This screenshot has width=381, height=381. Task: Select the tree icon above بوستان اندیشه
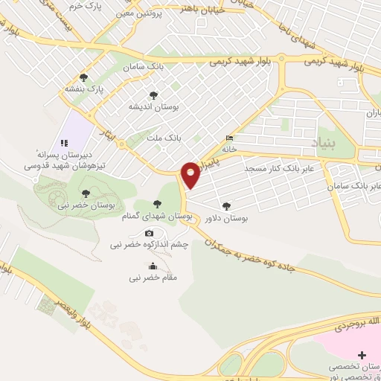pos(153,95)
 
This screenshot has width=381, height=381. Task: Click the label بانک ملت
pos(164,138)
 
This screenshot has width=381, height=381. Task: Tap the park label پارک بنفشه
pos(103,88)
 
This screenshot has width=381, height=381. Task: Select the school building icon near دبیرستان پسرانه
pos(63,144)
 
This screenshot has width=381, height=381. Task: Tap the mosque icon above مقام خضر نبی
pos(153,266)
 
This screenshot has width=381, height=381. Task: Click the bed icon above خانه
pos(230,139)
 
